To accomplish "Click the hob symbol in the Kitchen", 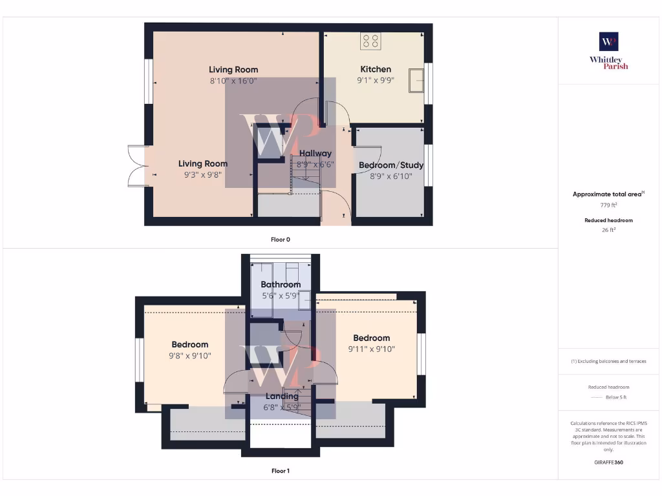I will (x=371, y=41).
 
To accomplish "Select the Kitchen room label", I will (x=376, y=69).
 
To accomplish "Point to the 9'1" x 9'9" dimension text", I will (x=376, y=80).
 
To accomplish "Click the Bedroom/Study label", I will (x=390, y=165).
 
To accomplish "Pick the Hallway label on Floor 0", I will (x=315, y=154).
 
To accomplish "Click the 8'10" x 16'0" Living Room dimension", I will (x=233, y=81).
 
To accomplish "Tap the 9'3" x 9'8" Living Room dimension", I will (x=203, y=175).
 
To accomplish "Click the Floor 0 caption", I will (x=280, y=240).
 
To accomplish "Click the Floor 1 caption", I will (x=280, y=471).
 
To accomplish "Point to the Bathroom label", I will (x=281, y=284).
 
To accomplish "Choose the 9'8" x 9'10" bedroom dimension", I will (x=190, y=356).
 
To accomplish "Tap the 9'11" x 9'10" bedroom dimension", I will (x=371, y=349).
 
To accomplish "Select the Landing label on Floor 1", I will (x=282, y=397).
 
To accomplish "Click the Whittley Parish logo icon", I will (x=608, y=41).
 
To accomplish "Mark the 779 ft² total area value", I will (x=608, y=205).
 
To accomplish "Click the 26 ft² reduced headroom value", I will (x=608, y=229).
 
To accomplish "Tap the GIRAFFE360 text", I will (x=608, y=462).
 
